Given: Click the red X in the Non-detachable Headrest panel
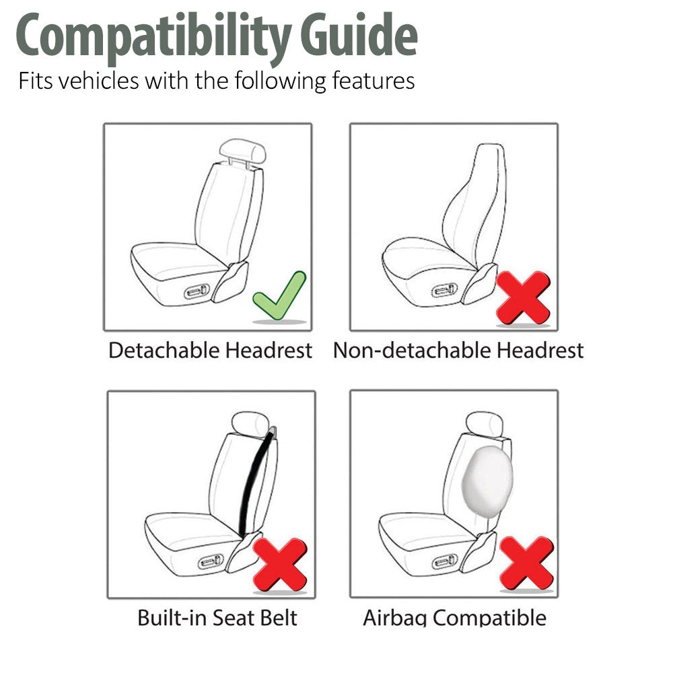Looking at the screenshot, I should click(x=523, y=296).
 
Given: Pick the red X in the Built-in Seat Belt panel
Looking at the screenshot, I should click(x=280, y=564).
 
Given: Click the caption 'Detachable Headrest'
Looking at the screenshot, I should click(x=210, y=351).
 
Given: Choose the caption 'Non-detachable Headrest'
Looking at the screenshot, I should click(x=458, y=351).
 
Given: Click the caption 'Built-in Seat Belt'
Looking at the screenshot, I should click(x=217, y=618).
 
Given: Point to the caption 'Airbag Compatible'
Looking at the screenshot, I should click(x=454, y=618).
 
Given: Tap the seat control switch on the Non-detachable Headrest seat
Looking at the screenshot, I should click(x=445, y=291).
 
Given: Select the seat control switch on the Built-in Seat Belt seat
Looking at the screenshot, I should click(x=211, y=561).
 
